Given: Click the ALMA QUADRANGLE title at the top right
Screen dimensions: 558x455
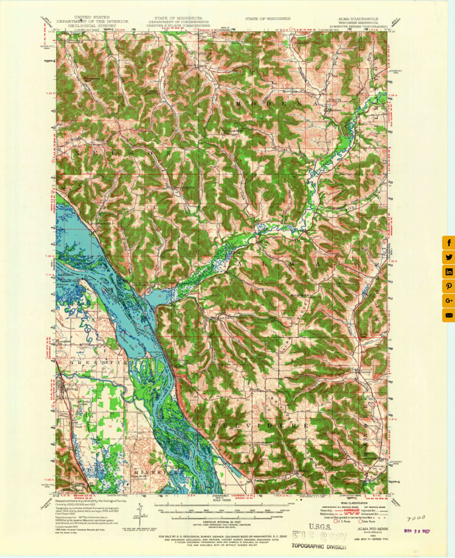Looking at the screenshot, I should tap(358, 18).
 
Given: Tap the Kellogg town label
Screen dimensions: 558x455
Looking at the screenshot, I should tap(71, 388).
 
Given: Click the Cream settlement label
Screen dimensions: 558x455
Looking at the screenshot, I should tap(366, 372).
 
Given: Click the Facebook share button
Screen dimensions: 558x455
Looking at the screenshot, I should tap(449, 243).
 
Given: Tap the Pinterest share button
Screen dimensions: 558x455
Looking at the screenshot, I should tap(449, 286).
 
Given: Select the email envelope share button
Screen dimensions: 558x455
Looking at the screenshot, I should tap(449, 315).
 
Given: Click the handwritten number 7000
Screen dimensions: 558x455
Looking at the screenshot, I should tap(416, 518).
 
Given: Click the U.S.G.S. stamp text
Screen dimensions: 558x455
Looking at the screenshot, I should tap(320, 527).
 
